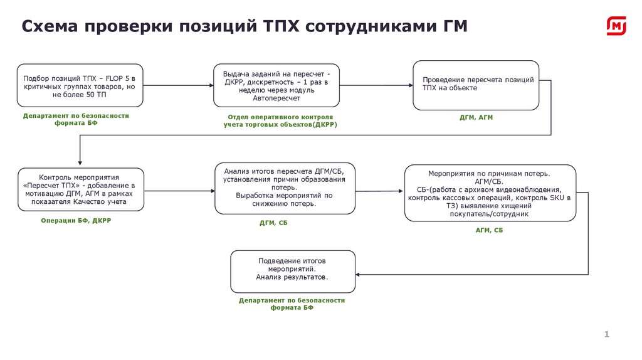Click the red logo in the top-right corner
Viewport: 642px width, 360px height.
616,26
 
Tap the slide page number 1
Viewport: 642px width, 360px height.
606,334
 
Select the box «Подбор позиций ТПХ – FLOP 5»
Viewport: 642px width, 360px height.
80,84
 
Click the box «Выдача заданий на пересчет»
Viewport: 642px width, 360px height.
276,85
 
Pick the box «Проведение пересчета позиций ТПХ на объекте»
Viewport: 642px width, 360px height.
476,85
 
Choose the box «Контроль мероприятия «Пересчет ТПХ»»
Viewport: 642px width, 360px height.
82,189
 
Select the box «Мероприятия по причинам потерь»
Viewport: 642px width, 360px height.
490,193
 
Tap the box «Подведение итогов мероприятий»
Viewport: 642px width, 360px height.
293,271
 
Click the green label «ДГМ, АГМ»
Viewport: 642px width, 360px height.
476,118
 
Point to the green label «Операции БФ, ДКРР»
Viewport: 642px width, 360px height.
76,221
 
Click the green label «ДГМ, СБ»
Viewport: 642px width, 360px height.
273,223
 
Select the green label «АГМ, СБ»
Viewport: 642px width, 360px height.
489,230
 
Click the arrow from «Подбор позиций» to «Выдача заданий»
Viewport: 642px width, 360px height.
177,84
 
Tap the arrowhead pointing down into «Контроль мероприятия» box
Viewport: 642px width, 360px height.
80,164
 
